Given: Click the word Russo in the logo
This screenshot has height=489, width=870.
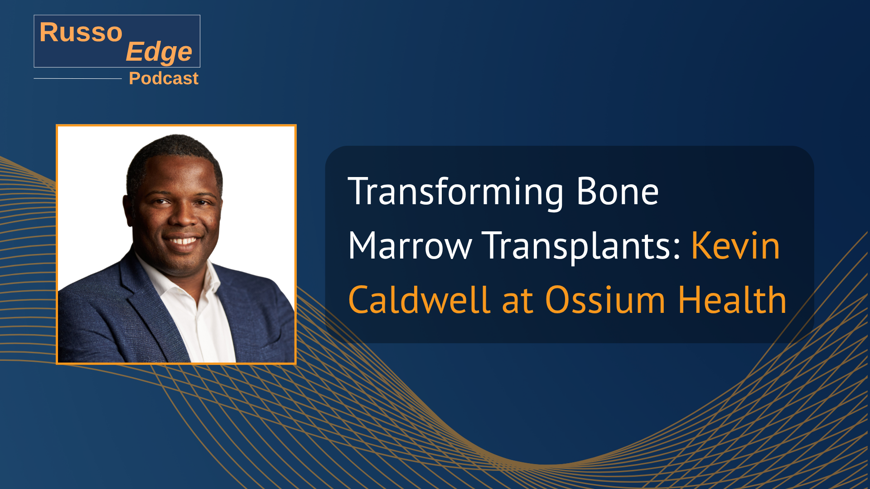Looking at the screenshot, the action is [81, 32].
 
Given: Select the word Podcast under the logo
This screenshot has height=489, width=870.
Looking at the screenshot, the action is [164, 78].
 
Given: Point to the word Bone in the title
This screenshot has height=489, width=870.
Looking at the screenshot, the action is [618, 192].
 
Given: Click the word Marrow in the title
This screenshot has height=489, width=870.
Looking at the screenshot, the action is [410, 246].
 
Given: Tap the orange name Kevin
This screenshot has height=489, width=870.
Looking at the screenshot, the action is [735, 246].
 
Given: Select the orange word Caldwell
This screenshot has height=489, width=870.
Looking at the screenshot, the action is [419, 299].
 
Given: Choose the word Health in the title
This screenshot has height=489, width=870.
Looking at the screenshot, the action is [732, 299].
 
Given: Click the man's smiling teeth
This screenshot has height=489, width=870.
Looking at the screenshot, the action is [182, 241].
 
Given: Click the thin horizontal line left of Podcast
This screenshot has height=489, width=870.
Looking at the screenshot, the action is [78, 78].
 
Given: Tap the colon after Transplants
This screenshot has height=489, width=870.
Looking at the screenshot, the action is [677, 248].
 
